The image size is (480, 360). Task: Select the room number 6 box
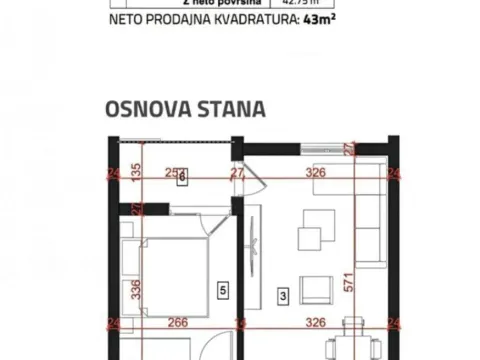pos(181,180)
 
